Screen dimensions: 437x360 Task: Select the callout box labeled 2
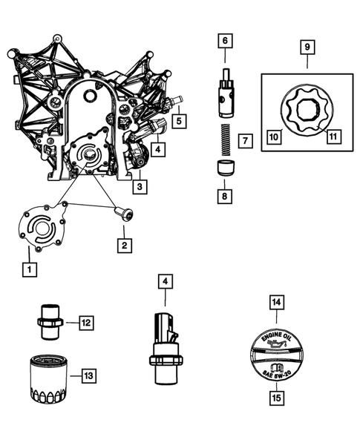pos(125,245)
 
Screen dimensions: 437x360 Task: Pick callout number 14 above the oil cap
pos(275,301)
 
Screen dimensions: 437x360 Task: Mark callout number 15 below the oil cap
pos(275,399)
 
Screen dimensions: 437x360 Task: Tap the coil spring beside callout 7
pos(225,138)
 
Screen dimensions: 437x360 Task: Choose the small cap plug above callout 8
pos(225,167)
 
